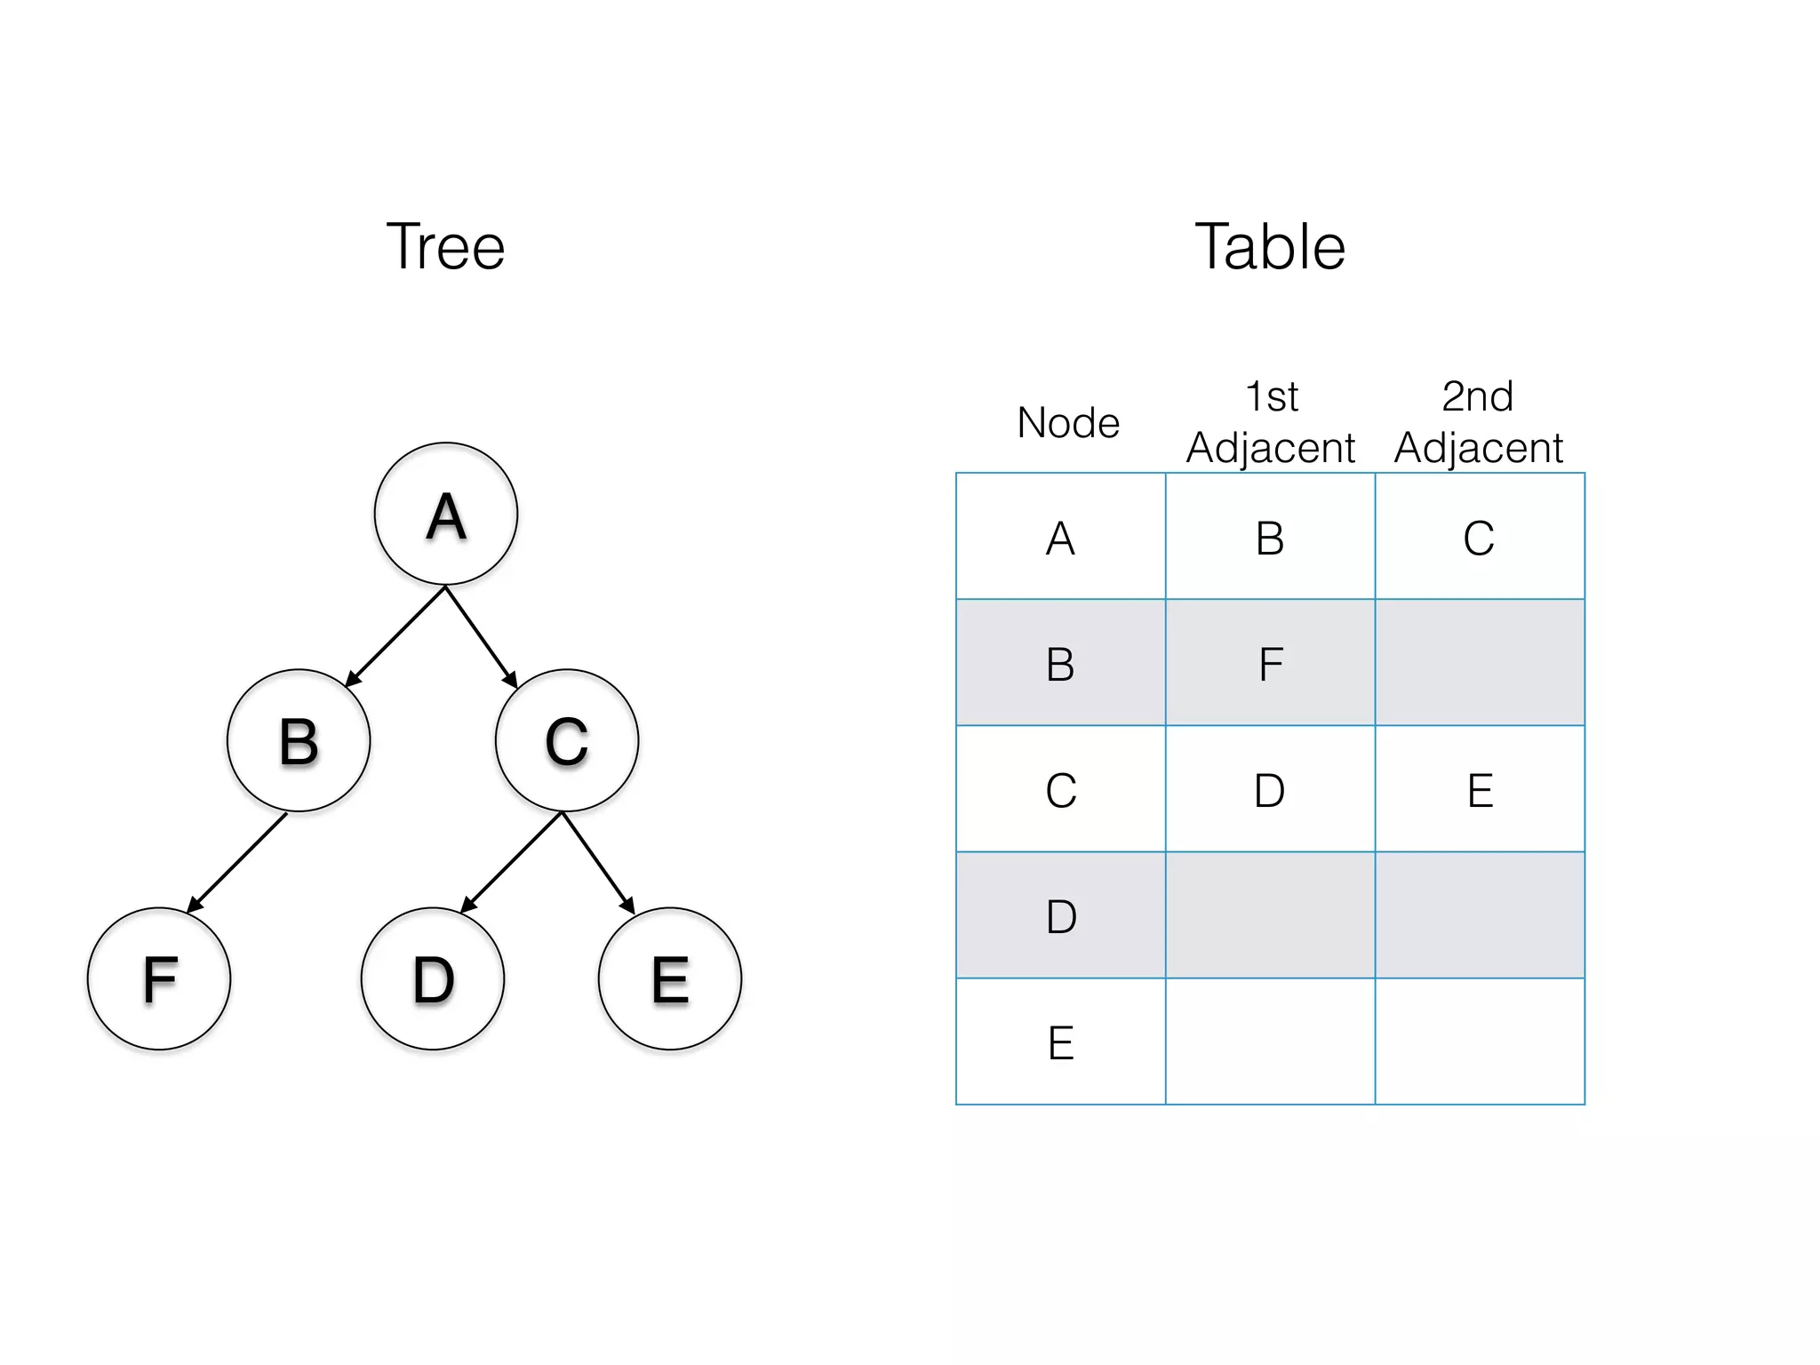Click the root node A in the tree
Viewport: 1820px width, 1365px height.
tap(446, 514)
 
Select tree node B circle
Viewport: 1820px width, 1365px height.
tap(299, 740)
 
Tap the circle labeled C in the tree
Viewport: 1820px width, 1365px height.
tap(567, 740)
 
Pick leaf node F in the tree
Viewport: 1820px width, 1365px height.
tap(159, 978)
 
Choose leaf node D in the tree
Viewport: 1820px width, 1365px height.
tap(433, 978)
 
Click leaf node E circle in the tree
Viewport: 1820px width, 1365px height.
tap(670, 978)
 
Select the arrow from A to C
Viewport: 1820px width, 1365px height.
tap(481, 637)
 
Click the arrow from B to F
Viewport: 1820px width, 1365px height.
tap(237, 862)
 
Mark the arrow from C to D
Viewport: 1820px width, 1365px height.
tap(512, 862)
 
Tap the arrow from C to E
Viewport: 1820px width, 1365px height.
tap(598, 862)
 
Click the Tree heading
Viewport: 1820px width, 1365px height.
tap(445, 246)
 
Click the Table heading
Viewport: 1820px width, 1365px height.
tap(1270, 246)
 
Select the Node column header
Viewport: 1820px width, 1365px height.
tap(1068, 423)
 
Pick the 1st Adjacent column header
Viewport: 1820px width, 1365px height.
tap(1271, 423)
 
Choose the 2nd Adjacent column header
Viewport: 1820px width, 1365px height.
tap(1479, 423)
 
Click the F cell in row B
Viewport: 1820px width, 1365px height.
tap(1271, 663)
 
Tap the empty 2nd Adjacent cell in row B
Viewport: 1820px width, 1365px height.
tap(1480, 663)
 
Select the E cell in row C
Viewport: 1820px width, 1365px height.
tap(1480, 789)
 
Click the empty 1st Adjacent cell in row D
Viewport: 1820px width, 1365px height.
tap(1271, 915)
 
